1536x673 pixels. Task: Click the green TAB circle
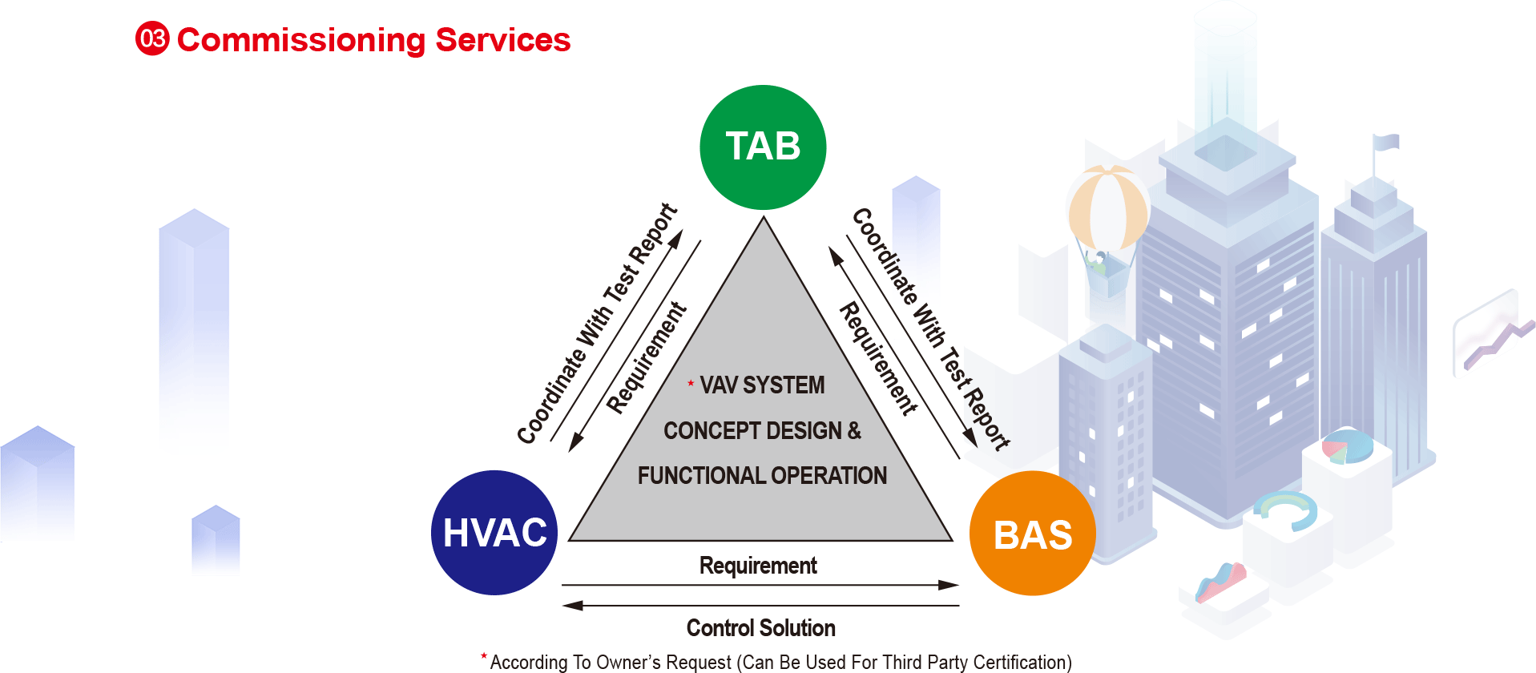(x=763, y=147)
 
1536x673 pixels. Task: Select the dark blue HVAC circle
(x=494, y=533)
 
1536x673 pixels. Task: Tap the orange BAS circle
(x=1032, y=534)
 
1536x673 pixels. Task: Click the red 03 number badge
(x=152, y=39)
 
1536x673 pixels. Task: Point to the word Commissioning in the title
(x=301, y=40)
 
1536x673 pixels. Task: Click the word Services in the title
(x=502, y=40)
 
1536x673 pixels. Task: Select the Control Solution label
(x=760, y=628)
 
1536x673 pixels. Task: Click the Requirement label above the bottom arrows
(x=758, y=566)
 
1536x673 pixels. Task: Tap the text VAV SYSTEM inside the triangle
(x=762, y=385)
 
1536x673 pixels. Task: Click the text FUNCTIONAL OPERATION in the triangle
(x=762, y=476)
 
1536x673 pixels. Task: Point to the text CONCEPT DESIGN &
(x=762, y=431)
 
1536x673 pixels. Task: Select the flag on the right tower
(x=1386, y=143)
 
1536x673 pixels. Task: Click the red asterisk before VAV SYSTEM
(x=691, y=384)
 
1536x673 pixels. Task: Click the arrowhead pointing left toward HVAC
(x=572, y=606)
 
